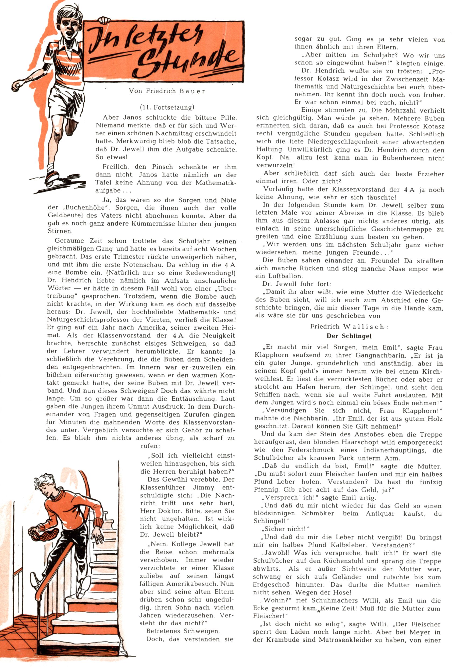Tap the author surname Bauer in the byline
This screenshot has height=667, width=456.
(x=192, y=91)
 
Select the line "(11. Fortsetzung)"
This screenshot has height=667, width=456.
(x=167, y=108)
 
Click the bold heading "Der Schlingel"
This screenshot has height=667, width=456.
(x=349, y=336)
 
